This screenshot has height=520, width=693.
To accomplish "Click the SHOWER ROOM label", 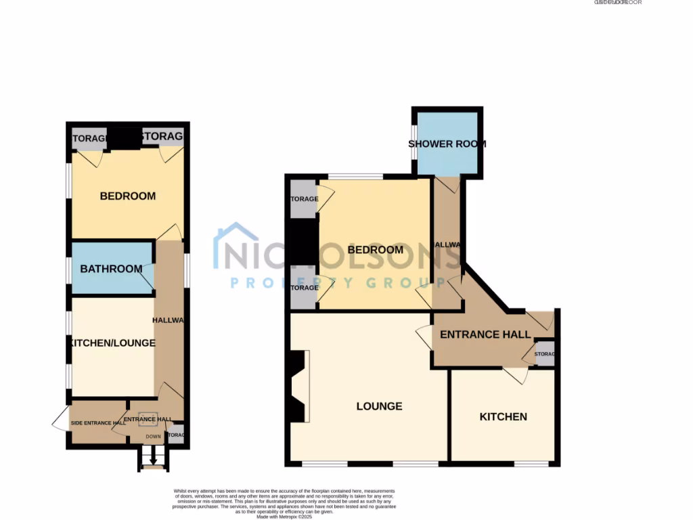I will (447, 144).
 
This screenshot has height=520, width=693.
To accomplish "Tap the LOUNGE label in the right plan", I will (379, 406).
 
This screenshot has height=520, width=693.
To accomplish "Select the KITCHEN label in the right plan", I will (503, 416).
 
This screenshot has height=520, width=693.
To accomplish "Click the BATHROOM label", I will (111, 269).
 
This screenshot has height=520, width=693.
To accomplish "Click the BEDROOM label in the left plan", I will (127, 196).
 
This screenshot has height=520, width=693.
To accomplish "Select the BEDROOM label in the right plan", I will (375, 250).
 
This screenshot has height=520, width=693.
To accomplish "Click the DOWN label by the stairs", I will (154, 437).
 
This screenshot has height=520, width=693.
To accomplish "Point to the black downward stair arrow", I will (153, 460).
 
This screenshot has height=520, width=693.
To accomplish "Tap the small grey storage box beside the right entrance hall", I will (545, 354).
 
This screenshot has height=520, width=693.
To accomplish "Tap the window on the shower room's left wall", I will (414, 142).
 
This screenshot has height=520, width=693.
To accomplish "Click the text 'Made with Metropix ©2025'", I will (284, 517).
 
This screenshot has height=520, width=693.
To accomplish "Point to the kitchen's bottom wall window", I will (531, 464).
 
